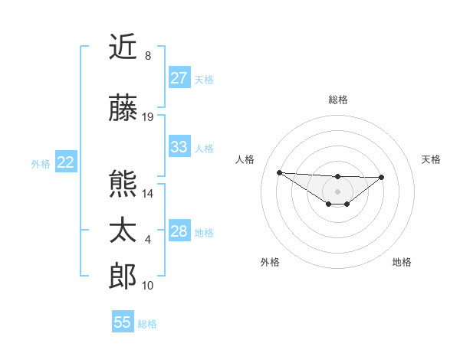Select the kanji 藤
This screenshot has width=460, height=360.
point(123,109)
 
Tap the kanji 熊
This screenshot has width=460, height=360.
point(123,185)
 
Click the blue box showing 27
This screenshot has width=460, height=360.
point(179,78)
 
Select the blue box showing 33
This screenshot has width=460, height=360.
point(179,147)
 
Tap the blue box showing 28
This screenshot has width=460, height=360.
point(179,231)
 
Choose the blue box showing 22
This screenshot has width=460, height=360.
point(65,162)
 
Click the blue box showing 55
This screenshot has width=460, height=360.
point(123,322)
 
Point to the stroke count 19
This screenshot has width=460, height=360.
point(148,117)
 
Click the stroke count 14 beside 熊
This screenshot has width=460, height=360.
point(148,193)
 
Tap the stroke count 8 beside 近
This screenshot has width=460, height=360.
point(147,56)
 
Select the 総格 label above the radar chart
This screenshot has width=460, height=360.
point(337,100)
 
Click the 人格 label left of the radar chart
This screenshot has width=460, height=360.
point(245,159)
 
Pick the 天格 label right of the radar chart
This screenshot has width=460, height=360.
point(431,159)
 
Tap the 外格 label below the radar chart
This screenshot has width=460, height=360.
point(270,262)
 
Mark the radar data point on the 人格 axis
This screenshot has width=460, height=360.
point(279,172)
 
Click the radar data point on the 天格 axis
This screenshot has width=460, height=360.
point(382,177)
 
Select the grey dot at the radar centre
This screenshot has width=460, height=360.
point(337,191)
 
